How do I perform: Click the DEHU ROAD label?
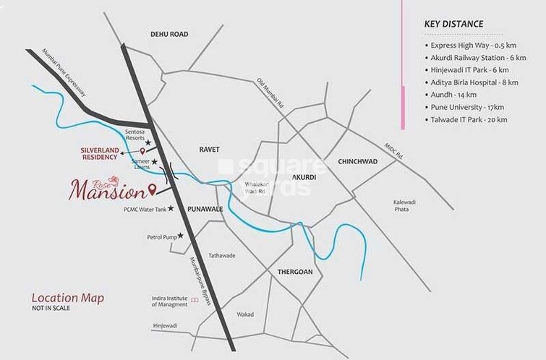pyautogui.click(x=169, y=34)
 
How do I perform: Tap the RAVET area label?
pyautogui.click(x=209, y=149)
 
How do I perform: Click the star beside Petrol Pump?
pyautogui.click(x=181, y=236)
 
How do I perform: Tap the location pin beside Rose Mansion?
pyautogui.click(x=152, y=190)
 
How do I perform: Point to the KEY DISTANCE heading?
pyautogui.click(x=453, y=24)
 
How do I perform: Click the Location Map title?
pyautogui.click(x=67, y=298)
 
